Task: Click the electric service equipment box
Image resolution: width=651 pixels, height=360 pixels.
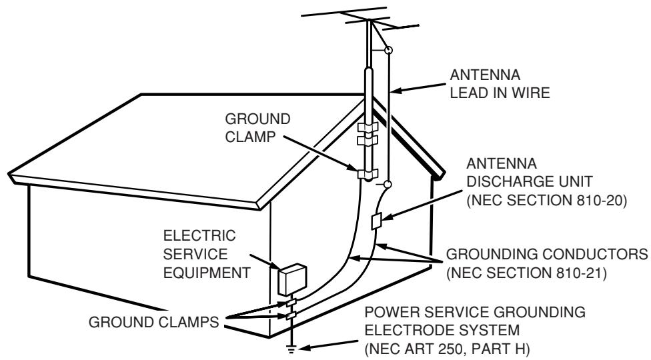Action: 292,279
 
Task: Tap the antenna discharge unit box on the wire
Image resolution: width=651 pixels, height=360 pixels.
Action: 377,221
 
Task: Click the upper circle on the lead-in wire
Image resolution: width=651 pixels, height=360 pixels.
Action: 389,50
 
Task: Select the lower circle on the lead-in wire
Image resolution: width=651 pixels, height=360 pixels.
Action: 387,184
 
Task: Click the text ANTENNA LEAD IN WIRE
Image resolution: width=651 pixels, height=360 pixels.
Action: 500,84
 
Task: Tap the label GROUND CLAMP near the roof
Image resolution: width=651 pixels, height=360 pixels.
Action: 257,128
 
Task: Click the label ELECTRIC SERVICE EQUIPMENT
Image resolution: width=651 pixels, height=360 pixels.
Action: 206,254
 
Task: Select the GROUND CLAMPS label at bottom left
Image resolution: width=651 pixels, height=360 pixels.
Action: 153,322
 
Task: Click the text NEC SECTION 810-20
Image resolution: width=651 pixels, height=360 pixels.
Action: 547,200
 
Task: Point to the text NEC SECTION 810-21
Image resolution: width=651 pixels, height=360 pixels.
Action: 526,273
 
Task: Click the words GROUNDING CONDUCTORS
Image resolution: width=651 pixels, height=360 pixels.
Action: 547,254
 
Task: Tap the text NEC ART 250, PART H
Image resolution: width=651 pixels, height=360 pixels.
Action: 447,349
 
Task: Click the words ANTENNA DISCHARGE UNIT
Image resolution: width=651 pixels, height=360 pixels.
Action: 530,173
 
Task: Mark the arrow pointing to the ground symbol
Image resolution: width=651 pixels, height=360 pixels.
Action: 328,345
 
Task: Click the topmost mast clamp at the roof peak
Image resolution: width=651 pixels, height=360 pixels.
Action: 368,127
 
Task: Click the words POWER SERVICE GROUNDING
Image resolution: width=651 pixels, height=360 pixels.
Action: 475,312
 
